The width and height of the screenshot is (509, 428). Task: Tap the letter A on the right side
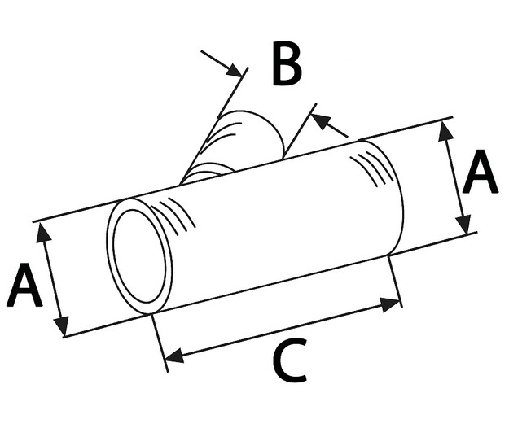tap(480, 175)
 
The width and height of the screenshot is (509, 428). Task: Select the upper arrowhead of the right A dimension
tap(445, 129)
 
